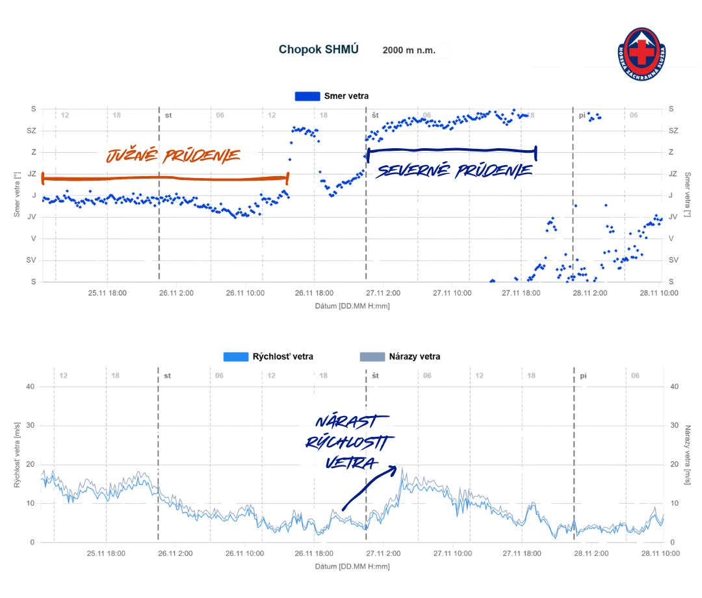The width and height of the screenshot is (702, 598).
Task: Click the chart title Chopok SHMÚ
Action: [x=318, y=49]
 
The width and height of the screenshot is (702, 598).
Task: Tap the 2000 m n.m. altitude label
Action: [x=409, y=50]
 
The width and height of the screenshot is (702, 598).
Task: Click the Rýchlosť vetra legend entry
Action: [x=268, y=356]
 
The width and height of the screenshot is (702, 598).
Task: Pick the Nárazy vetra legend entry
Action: [x=400, y=356]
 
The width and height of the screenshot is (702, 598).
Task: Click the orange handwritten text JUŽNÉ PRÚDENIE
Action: [x=174, y=156]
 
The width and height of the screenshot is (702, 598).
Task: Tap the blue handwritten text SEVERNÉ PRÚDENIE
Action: [x=454, y=171]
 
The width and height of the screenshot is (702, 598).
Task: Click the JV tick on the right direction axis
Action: [x=674, y=217]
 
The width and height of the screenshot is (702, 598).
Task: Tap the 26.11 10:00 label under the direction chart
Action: [x=245, y=293]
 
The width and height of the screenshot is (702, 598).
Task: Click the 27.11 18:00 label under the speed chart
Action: [x=521, y=554]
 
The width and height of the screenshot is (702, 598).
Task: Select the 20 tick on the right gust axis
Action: [x=674, y=465]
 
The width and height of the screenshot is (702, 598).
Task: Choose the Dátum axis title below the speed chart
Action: [x=352, y=567]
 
